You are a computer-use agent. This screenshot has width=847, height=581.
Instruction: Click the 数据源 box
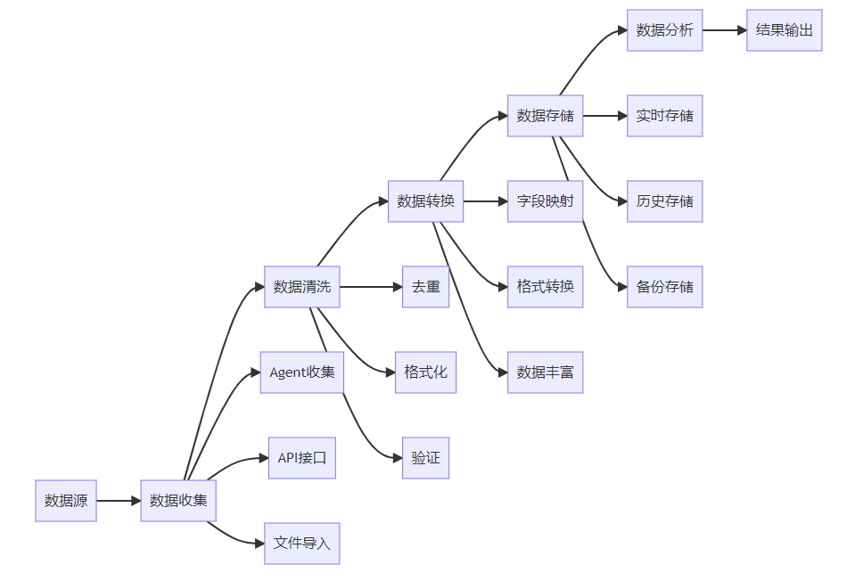click(66, 501)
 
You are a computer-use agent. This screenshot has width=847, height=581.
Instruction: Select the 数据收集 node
click(178, 501)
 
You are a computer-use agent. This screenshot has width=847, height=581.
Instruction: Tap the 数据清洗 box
click(302, 287)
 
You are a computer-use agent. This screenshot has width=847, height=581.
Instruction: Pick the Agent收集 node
click(302, 372)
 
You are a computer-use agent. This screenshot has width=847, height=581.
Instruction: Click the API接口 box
click(302, 458)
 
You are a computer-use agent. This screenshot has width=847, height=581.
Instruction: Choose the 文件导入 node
click(302, 544)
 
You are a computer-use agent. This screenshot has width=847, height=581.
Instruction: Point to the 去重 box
click(425, 287)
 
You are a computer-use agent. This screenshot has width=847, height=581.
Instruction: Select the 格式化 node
click(425, 372)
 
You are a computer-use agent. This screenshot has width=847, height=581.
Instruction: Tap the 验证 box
click(425, 458)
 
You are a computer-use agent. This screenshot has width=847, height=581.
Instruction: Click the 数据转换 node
click(425, 201)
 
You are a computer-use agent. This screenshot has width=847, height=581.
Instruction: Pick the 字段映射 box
click(545, 201)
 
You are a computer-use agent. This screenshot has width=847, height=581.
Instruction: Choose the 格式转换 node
click(545, 287)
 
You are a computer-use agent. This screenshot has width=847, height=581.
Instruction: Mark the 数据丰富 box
click(545, 372)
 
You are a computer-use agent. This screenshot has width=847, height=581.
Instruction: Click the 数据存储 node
click(545, 116)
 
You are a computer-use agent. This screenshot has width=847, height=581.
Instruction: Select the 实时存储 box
click(664, 116)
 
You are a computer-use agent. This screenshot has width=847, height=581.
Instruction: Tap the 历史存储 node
click(664, 201)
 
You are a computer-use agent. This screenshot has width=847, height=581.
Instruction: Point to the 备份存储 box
click(664, 287)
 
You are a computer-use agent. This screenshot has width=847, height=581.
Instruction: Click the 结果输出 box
click(784, 30)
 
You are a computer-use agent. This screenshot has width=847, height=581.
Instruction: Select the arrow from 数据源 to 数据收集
click(119, 501)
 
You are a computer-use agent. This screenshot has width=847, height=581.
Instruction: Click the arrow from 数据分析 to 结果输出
click(724, 30)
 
